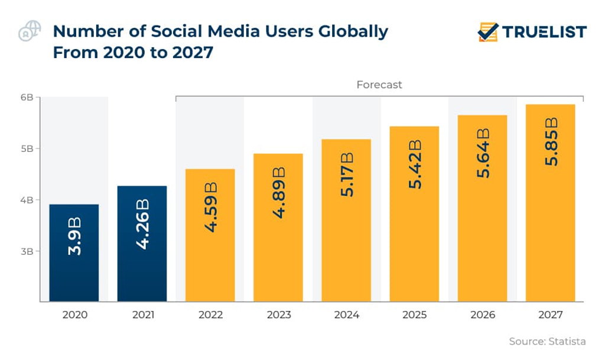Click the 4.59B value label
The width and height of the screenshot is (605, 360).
210,206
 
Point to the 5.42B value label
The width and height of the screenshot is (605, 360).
415,164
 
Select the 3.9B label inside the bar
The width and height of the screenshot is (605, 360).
74,236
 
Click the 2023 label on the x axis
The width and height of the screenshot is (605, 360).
278,315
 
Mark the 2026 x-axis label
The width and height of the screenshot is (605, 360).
482,315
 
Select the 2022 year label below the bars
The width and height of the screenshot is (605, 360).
210,315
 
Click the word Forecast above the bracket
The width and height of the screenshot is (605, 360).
379,85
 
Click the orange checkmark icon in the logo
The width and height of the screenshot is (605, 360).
488,32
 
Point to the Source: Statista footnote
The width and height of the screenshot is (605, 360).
547,341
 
